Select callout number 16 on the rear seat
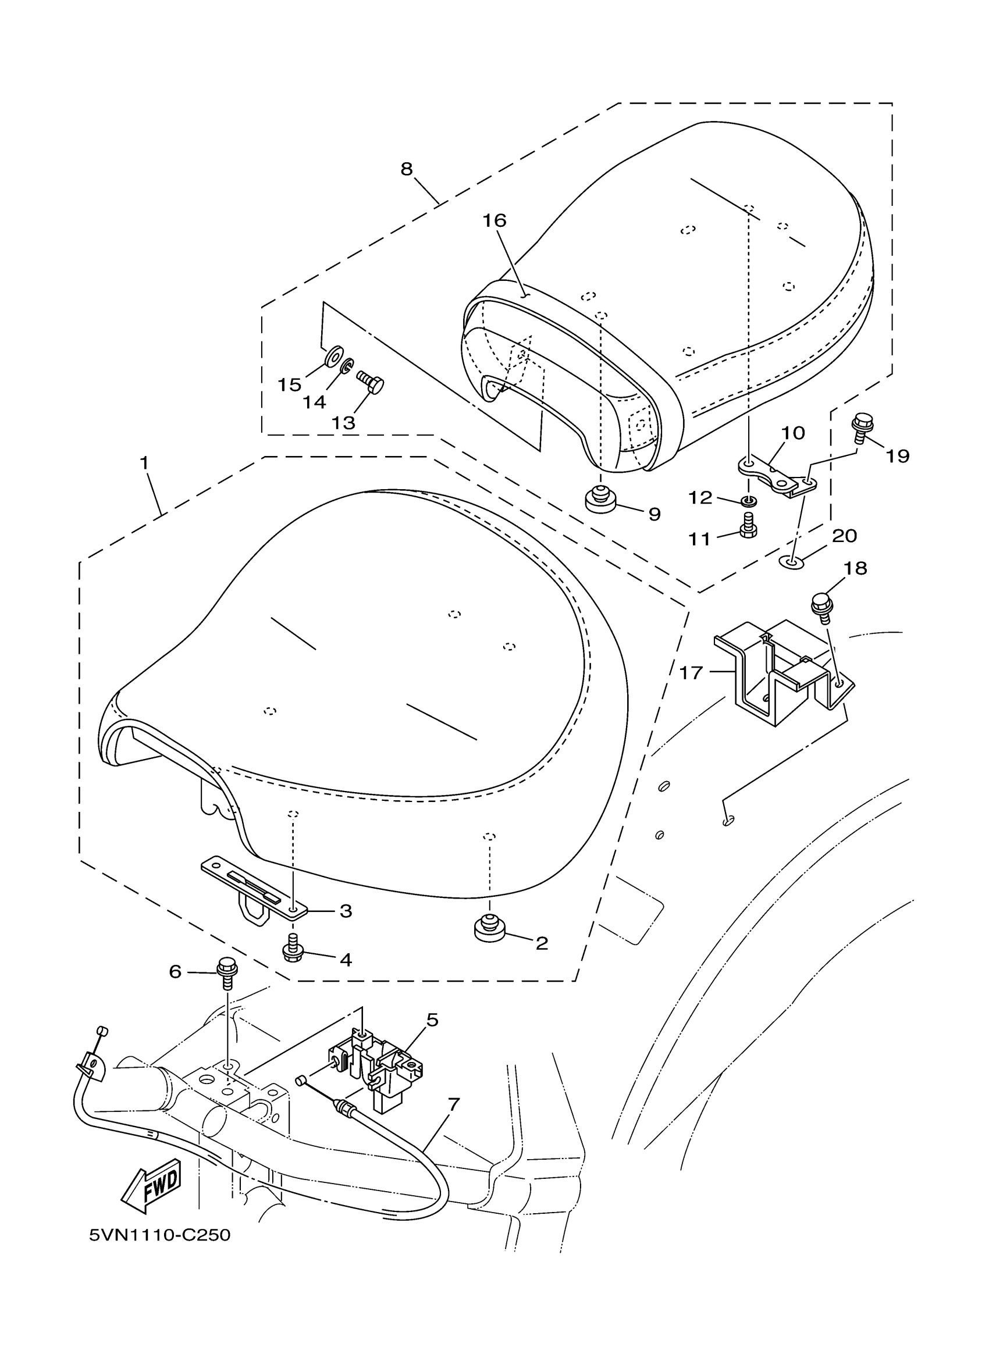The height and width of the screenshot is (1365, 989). (x=494, y=221)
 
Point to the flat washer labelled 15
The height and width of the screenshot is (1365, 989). (x=332, y=357)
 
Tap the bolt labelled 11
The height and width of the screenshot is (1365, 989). (x=748, y=525)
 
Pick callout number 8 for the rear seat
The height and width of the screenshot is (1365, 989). (x=407, y=169)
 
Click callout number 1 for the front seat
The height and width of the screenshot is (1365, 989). (x=144, y=463)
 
